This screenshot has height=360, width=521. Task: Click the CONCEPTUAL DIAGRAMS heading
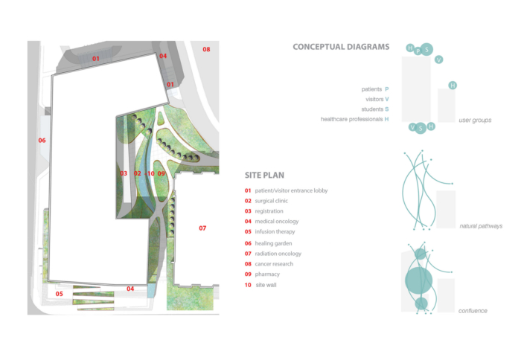341,47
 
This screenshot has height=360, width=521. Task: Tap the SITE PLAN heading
264,176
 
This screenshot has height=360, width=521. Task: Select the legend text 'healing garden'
273,243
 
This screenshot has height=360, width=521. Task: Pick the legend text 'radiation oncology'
278,254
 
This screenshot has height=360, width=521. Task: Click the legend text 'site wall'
266,285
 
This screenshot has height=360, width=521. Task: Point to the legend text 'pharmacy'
267,274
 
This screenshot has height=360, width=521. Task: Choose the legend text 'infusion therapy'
275,232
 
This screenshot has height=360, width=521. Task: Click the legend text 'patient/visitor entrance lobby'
291,190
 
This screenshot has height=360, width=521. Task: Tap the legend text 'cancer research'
274,264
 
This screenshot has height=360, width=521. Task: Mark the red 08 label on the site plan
206,50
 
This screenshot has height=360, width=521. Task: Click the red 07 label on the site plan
202,228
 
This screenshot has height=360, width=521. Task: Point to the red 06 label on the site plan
42,141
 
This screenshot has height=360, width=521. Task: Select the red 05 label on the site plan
59,294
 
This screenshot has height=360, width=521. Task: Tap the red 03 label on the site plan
124,173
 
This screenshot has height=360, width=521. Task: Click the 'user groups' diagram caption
475,120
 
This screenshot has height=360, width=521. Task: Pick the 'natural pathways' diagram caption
481,226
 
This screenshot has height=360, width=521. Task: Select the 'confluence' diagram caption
473,311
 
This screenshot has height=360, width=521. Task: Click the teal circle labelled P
418,51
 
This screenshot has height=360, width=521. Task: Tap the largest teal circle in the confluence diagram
418,281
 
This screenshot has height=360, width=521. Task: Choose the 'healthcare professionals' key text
351,119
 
